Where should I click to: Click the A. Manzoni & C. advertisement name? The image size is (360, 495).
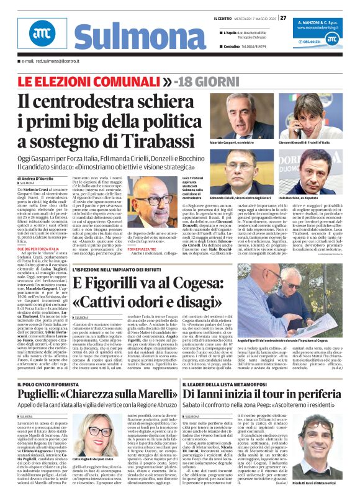pyautogui.click(x=323, y=21)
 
